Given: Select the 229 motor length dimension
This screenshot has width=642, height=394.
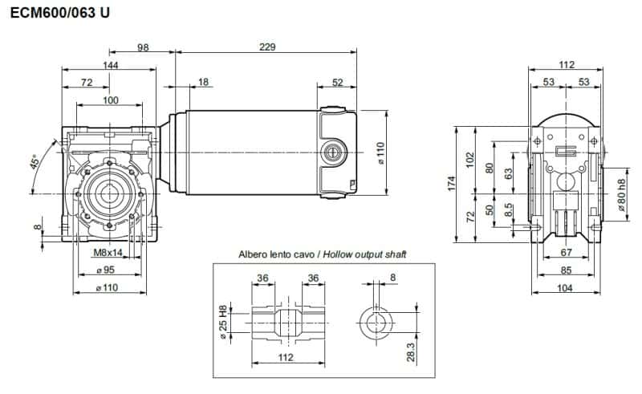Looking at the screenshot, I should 267,47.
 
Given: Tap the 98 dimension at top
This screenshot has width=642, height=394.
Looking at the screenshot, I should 143,47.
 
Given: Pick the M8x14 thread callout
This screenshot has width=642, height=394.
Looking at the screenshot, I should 108,254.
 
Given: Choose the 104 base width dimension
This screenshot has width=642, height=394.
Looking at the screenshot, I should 566,287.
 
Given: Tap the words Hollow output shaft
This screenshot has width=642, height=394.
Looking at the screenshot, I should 364,254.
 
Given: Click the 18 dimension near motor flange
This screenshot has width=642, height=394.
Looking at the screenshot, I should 202,83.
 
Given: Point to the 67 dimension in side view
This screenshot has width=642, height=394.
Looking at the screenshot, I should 566,254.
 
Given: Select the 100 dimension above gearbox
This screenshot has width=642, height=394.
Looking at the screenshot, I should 111,100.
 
